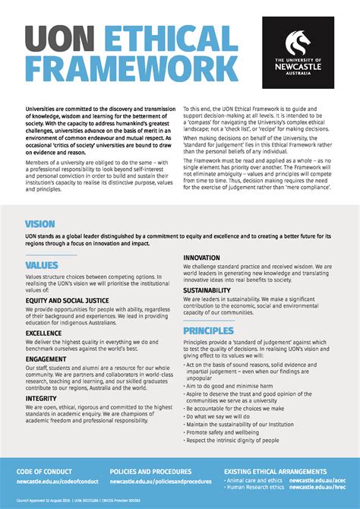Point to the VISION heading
click(39, 225)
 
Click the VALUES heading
click(42, 265)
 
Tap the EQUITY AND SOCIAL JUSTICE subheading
click(66, 301)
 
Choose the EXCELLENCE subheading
click(44, 333)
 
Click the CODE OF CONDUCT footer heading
click(46, 472)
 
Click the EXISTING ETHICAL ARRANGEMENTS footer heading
click(276, 472)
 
